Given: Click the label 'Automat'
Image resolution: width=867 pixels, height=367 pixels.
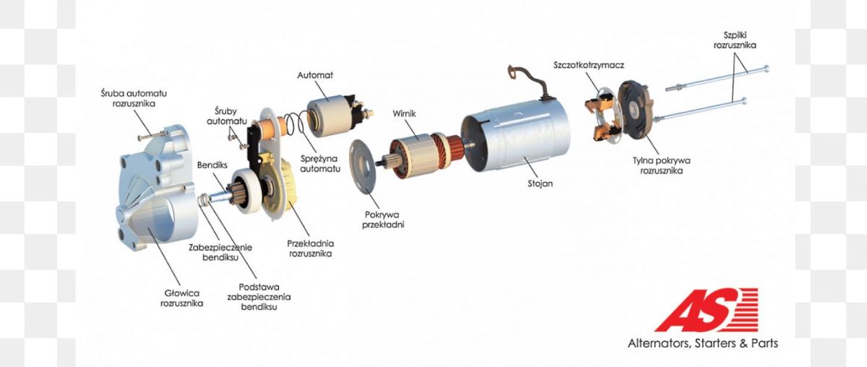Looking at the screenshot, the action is pyautogui.click(x=315, y=75).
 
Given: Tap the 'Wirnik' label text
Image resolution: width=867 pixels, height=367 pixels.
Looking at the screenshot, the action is pyautogui.click(x=404, y=114).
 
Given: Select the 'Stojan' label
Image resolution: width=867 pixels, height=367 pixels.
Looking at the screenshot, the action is pyautogui.click(x=540, y=183).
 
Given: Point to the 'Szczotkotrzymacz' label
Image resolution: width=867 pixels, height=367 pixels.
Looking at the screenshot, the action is pyautogui.click(x=588, y=65).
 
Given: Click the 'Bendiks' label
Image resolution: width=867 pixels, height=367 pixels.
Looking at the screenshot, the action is pyautogui.click(x=212, y=165).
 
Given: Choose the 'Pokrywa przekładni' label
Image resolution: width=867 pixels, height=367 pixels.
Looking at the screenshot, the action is pyautogui.click(x=383, y=220).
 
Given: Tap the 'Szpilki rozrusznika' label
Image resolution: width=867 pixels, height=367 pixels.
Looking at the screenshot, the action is pyautogui.click(x=735, y=40).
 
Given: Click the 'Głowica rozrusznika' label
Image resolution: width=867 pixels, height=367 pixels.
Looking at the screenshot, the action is pyautogui.click(x=181, y=298).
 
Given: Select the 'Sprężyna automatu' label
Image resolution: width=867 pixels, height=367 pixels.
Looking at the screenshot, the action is pyautogui.click(x=320, y=164).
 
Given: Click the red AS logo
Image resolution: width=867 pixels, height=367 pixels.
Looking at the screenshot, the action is pyautogui.click(x=706, y=310).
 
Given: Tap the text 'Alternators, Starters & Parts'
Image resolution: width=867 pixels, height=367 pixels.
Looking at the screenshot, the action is pyautogui.click(x=702, y=343).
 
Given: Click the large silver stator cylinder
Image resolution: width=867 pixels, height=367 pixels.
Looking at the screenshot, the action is pyautogui.click(x=517, y=137).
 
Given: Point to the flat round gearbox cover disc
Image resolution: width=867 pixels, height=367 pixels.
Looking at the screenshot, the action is pyautogui.click(x=363, y=165).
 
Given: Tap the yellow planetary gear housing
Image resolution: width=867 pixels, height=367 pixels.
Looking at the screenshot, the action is pyautogui.click(x=285, y=185).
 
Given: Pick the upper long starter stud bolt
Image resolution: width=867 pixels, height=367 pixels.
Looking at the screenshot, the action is pyautogui.click(x=717, y=79).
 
